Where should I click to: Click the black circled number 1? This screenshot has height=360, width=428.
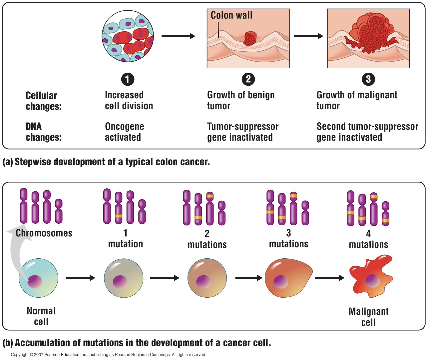point(128,79)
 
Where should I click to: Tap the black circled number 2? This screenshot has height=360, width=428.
point(248,79)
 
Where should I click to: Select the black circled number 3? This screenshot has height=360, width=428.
point(368,79)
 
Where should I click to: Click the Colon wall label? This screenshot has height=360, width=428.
point(231,15)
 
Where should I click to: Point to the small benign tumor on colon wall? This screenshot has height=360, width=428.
point(249,38)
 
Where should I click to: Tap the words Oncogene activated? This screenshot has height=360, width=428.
point(124,132)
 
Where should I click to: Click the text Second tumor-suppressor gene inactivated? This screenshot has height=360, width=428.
point(367,132)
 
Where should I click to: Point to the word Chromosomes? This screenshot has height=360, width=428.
point(44,233)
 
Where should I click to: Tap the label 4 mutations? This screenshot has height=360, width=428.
point(368,239)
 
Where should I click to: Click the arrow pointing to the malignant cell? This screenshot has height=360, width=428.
point(329,278)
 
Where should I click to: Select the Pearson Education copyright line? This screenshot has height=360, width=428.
point(109,355)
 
